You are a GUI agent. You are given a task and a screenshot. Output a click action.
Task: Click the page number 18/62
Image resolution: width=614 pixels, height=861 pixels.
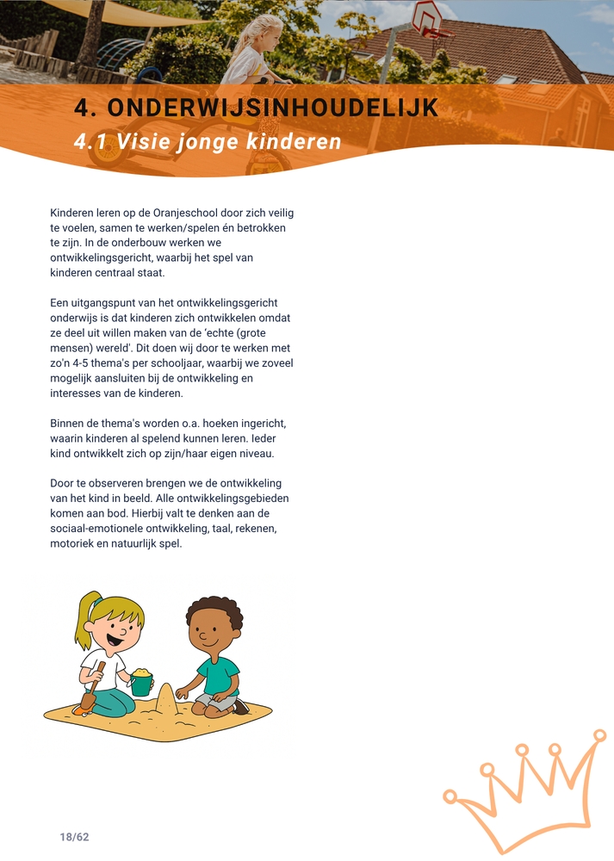(x=75, y=837)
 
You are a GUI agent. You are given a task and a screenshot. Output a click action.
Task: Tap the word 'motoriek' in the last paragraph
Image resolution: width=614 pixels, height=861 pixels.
(x=72, y=544)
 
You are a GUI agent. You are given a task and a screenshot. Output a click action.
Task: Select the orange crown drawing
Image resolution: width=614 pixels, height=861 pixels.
(x=525, y=792)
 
